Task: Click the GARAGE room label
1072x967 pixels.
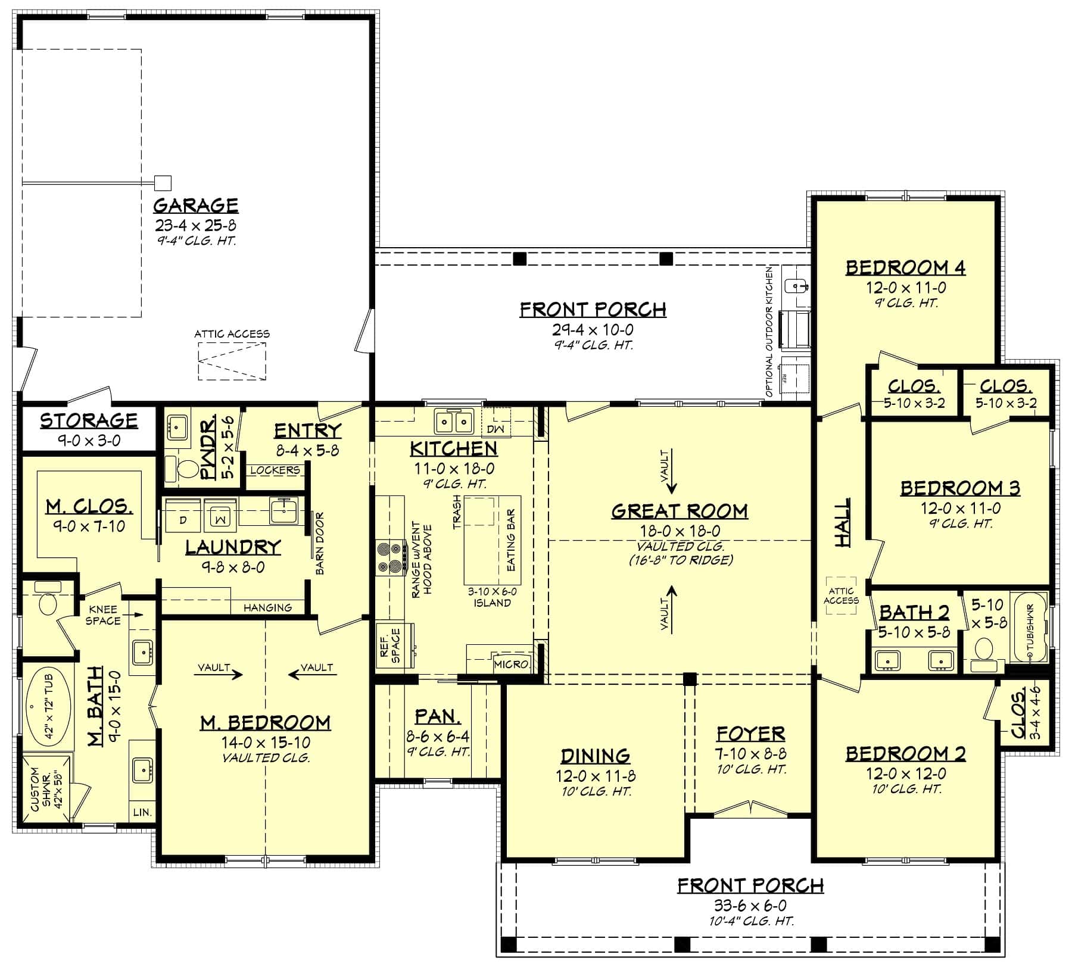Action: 195,205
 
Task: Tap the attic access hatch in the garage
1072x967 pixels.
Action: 232,361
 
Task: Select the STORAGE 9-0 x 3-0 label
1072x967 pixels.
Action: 89,429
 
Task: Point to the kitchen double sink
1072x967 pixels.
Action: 454,422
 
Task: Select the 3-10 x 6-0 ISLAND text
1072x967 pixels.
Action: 492,597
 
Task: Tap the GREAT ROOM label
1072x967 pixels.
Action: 680,511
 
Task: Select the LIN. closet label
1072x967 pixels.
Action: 142,812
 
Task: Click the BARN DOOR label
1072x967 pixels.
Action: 320,543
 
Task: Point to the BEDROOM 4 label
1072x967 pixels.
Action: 905,268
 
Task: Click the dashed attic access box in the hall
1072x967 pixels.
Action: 841,595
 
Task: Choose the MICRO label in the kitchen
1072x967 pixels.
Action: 511,664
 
